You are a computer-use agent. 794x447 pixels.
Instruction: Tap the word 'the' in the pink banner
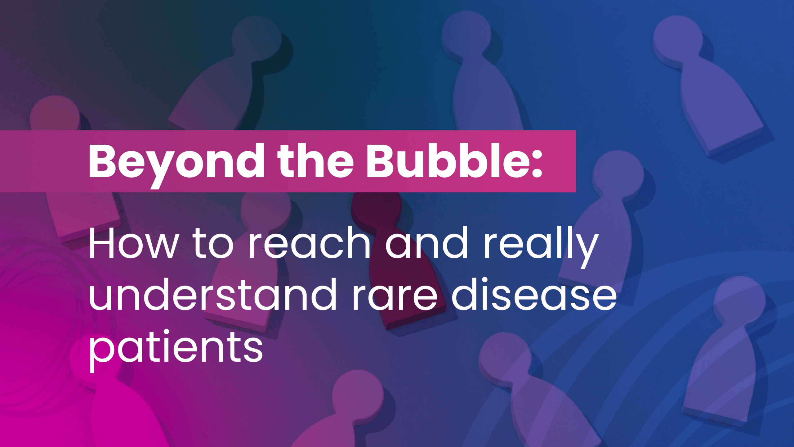point(315,161)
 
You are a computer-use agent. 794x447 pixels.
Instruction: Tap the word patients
point(176,350)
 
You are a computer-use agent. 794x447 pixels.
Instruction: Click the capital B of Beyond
point(102,161)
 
